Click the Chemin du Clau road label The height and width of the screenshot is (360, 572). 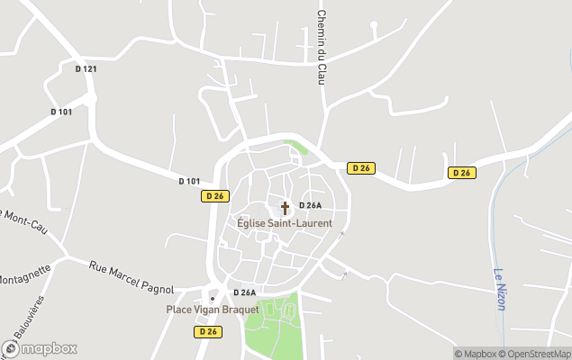pyautogui.click(x=321, y=48)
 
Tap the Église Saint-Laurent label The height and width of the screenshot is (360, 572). pyautogui.click(x=285, y=222)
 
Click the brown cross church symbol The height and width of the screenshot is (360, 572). pyautogui.click(x=286, y=208)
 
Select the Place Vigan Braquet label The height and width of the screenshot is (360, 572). pyautogui.click(x=213, y=310)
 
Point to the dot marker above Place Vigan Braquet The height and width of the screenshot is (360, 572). pyautogui.click(x=213, y=298)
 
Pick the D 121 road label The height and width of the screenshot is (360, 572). pyautogui.click(x=86, y=68)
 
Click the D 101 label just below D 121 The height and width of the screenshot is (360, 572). pyautogui.click(x=61, y=112)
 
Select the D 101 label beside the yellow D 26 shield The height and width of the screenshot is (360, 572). pyautogui.click(x=189, y=181)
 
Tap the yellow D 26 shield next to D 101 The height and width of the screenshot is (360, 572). pyautogui.click(x=214, y=195)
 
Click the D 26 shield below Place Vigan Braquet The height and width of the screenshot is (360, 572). pyautogui.click(x=207, y=331)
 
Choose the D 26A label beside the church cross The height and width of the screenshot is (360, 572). pyautogui.click(x=311, y=206)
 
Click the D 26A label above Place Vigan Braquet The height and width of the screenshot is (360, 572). pyautogui.click(x=244, y=292)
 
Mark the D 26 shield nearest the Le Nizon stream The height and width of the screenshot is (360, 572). pyautogui.click(x=462, y=173)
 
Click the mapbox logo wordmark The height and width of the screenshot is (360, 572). pyautogui.click(x=40, y=348)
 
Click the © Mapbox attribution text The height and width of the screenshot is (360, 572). pyautogui.click(x=475, y=353)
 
